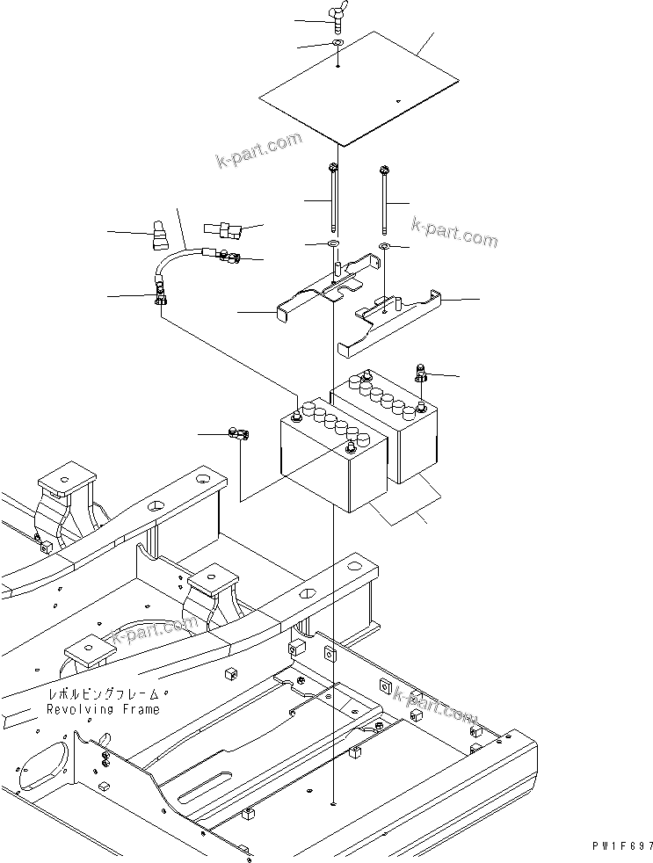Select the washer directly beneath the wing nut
(338, 43)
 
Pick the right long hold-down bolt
(384, 198)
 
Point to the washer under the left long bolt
(336, 243)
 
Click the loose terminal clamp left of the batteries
(239, 433)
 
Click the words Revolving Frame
(104, 709)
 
